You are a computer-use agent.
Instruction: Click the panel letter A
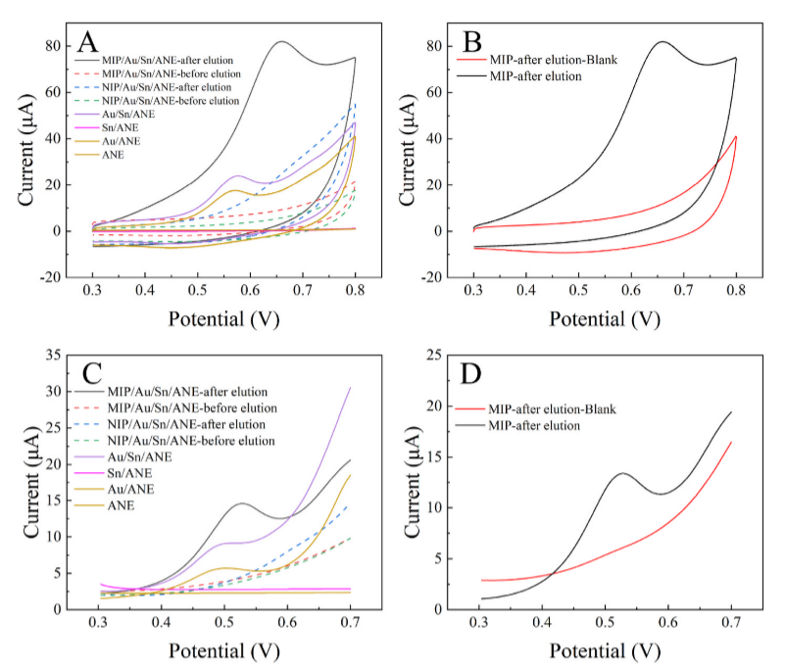(x=89, y=42)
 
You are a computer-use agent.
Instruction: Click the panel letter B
(x=472, y=42)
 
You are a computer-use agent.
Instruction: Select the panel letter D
(x=472, y=377)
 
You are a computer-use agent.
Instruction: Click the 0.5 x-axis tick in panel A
(x=197, y=292)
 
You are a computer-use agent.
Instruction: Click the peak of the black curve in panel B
(x=663, y=41)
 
